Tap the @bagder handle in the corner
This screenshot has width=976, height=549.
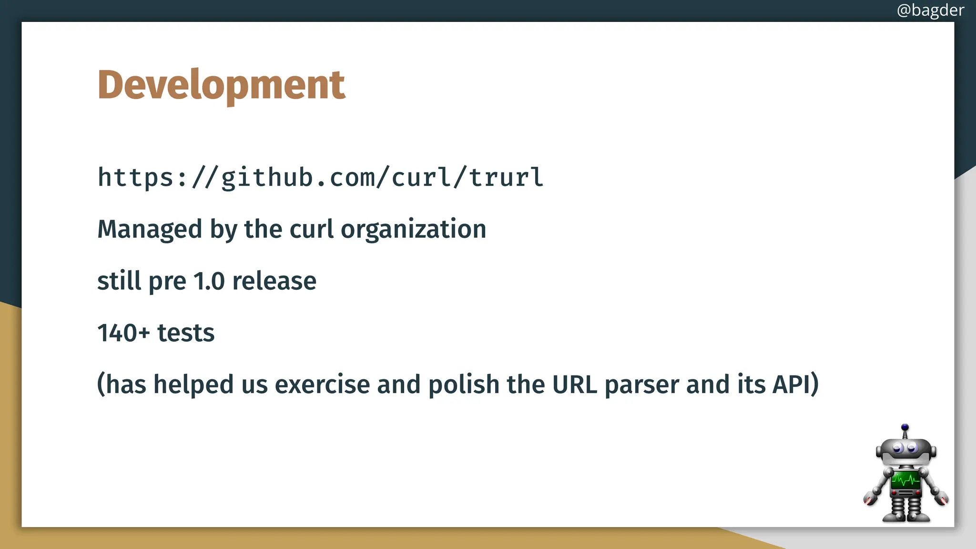coord(930,10)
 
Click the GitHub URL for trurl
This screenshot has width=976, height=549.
coord(320,178)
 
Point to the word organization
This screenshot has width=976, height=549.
coord(413,229)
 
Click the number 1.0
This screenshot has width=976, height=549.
coord(209,281)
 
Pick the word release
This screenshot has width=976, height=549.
coord(274,281)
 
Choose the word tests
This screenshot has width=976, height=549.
coord(186,333)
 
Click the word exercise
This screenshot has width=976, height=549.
coord(322,384)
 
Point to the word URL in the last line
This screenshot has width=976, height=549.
coord(574,384)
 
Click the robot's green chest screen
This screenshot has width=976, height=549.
coord(905,479)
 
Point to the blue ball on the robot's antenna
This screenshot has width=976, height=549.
coord(905,427)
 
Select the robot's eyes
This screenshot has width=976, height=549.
coord(905,448)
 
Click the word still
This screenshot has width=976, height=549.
coord(119,281)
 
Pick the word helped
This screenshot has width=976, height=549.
coord(193,384)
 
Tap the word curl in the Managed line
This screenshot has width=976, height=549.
coord(311,229)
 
